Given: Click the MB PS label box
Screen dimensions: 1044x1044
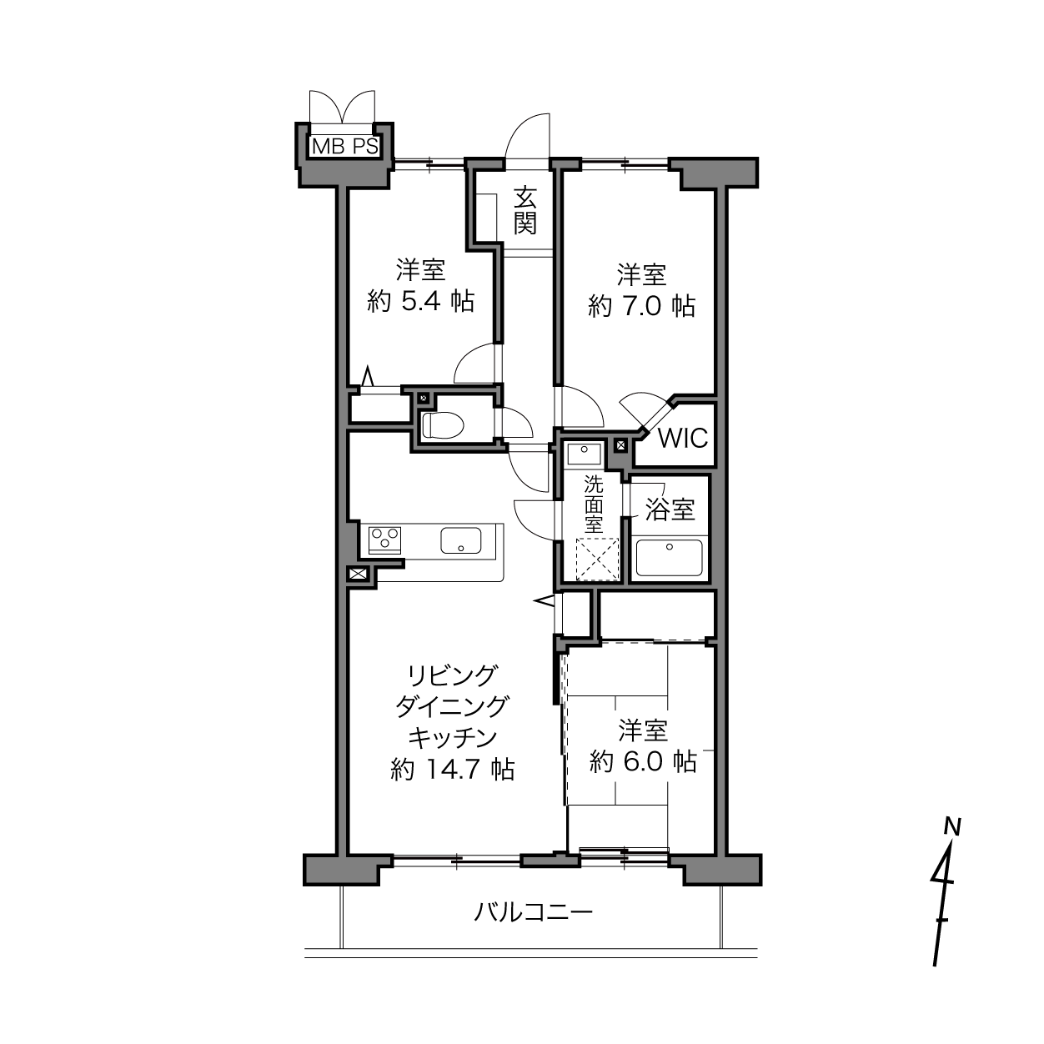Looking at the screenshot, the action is coord(344,146).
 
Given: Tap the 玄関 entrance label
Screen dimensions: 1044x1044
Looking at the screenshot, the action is coord(525,211).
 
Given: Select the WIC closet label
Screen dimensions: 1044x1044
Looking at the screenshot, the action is coord(683,439).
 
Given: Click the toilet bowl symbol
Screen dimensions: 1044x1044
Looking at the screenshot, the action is coord(443,425).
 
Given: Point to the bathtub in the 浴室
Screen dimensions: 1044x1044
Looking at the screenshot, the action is coord(669,558).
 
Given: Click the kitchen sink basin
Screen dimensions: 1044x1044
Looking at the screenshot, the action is coord(460,540).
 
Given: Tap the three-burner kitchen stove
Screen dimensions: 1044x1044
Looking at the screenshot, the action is coord(384,540).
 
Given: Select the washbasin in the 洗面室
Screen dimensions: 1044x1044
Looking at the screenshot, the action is coord(584,453).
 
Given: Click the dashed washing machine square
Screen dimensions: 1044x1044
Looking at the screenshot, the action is coord(596,560).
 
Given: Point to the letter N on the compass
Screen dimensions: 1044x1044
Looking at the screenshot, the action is coord(952,826).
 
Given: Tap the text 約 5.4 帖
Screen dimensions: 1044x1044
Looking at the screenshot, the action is coord(421,301).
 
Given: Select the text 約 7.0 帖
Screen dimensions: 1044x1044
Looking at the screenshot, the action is coord(642,306).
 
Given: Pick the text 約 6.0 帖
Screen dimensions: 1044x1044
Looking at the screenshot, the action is coord(643,761).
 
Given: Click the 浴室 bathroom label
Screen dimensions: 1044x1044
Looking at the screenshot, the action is coord(670,509).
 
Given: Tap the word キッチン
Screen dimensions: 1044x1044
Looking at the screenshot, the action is coord(453,737).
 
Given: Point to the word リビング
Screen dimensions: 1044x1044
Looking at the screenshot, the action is coord(453,675).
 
